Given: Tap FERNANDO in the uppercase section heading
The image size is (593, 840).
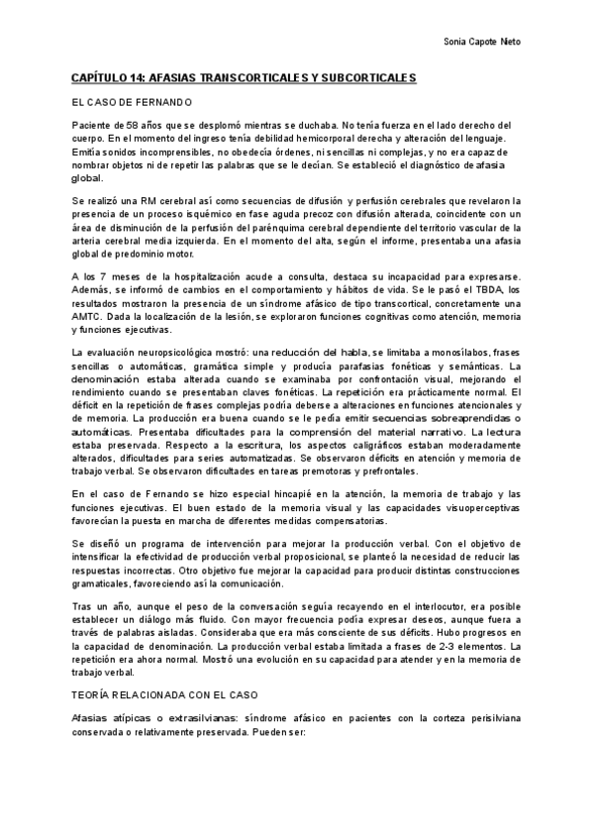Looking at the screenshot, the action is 156,101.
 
